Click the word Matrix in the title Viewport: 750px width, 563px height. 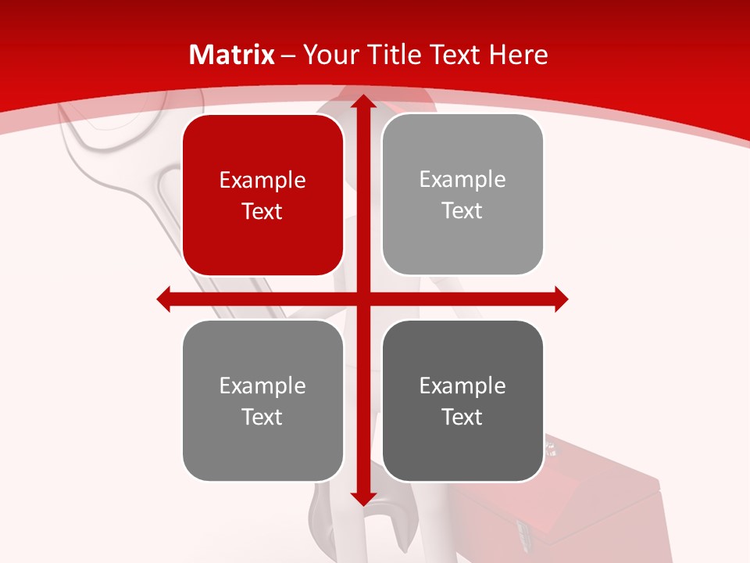pos(232,55)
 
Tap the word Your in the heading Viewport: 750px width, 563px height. pos(328,55)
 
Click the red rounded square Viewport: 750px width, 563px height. pos(262,195)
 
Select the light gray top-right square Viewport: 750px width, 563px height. pos(462,195)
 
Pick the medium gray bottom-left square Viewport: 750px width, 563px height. pos(262,400)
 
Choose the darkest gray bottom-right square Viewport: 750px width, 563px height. pos(462,400)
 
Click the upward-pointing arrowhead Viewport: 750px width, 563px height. pos(362,101)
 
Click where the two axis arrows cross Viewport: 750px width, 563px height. pos(362,299)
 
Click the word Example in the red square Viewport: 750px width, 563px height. pos(262,181)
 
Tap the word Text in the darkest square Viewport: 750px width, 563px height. pos(462,417)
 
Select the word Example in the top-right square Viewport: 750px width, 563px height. pos(462,180)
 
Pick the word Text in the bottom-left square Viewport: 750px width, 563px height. pos(262,417)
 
